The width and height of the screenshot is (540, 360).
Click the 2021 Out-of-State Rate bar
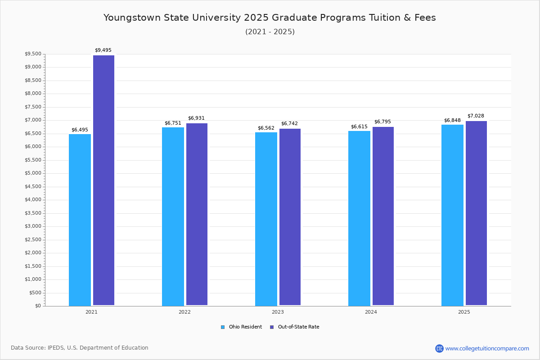(103, 180)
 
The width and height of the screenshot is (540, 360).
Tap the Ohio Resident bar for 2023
(266, 219)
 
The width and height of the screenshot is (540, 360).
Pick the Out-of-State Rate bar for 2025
(476, 213)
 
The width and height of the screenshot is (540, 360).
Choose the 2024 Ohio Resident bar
(359, 218)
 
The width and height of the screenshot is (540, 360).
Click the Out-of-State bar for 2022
(197, 214)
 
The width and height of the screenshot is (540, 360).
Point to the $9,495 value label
(103, 50)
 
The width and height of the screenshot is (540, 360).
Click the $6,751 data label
(173, 123)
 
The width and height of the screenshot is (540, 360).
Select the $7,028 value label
(476, 116)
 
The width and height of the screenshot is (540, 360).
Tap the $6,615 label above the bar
(359, 127)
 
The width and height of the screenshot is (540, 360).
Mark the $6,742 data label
(289, 124)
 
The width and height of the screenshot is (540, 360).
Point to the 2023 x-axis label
(278, 312)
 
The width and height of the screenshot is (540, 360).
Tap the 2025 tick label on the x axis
(464, 312)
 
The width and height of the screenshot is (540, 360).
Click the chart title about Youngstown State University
(270, 18)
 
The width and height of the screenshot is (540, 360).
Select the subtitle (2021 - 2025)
(270, 32)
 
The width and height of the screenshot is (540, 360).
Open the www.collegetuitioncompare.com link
(487, 348)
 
